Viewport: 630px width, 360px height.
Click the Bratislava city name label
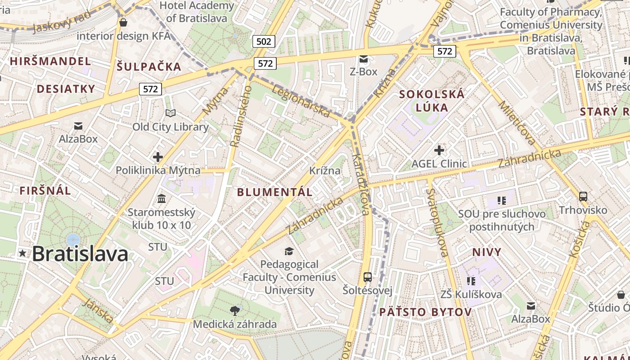[80, 254]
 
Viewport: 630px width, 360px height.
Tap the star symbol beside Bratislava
[22, 253]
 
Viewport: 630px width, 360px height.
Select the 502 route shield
[264, 42]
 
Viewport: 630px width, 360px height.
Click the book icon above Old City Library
[171, 113]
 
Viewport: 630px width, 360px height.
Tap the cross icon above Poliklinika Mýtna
[157, 157]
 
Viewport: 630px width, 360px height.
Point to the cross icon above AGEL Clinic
[439, 150]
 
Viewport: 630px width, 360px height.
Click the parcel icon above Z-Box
[364, 59]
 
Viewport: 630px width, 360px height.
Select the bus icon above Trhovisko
[583, 196]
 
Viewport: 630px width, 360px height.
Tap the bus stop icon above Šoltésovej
[368, 277]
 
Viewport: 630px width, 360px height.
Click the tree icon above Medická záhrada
[234, 310]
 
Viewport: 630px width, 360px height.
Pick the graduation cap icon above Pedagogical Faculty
[289, 251]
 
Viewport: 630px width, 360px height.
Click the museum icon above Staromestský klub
[162, 198]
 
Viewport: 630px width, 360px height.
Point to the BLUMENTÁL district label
[274, 192]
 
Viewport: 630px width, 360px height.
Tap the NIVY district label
[486, 252]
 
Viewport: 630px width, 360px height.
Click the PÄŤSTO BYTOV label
[425, 312]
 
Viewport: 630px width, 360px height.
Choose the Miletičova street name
[517, 123]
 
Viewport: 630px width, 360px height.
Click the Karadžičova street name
[361, 184]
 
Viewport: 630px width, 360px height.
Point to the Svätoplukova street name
[437, 223]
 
